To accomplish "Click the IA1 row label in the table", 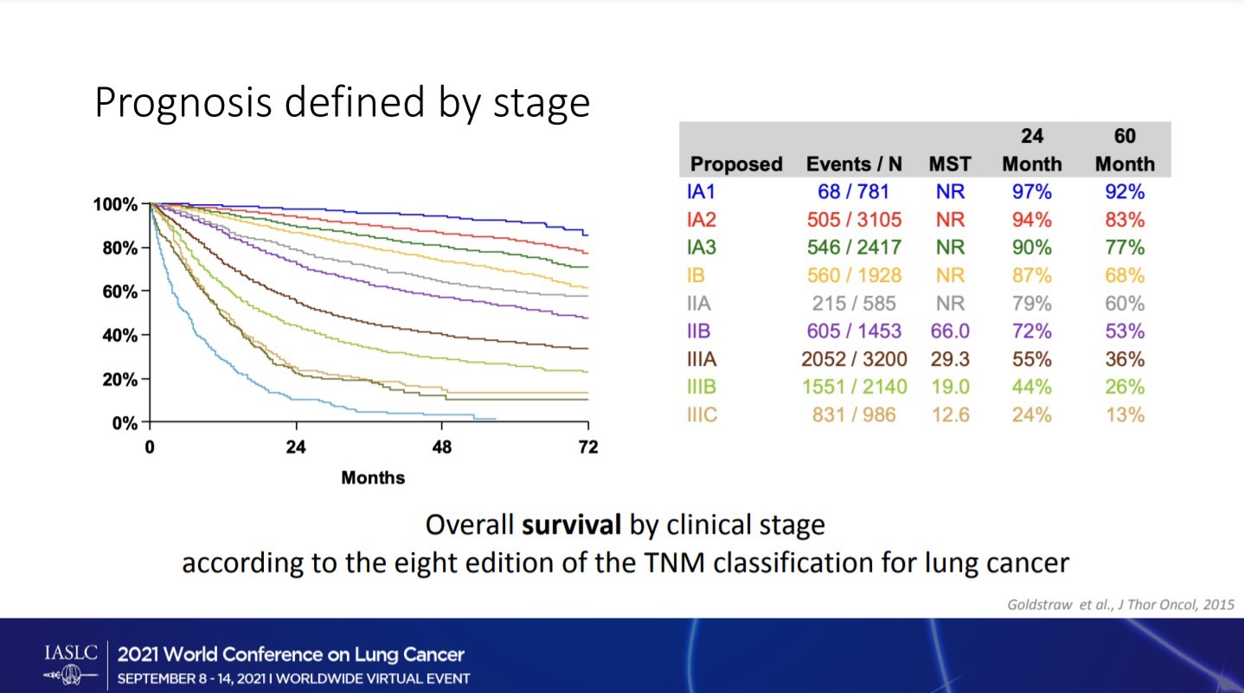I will pos(701,191).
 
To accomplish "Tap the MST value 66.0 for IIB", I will pos(950,331).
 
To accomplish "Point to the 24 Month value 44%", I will pos(1031,387).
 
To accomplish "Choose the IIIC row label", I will pos(702,414).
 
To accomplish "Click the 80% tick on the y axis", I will pos(117,248).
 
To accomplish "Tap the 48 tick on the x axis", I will pos(442,448).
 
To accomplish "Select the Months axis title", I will pos(373,478).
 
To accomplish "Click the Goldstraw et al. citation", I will pos(1120,604).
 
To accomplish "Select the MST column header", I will pos(950,164).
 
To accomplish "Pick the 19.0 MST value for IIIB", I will pos(950,387).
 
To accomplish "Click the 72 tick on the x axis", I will pos(587,448).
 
